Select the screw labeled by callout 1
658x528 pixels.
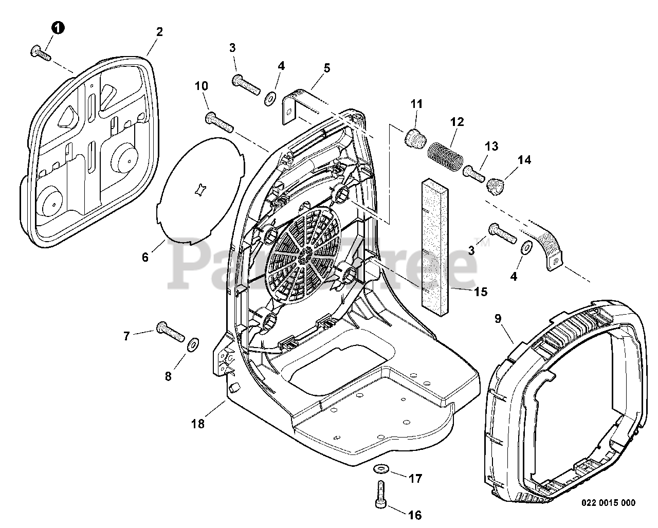[41, 52]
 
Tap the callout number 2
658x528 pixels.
[159, 32]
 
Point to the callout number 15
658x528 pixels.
[481, 292]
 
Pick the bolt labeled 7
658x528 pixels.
[170, 332]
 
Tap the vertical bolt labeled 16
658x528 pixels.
[380, 494]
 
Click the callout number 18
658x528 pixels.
[198, 424]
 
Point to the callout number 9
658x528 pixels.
[498, 319]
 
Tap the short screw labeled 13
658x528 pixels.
[474, 172]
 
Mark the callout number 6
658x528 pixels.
[145, 257]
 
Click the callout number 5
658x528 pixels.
[326, 67]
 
